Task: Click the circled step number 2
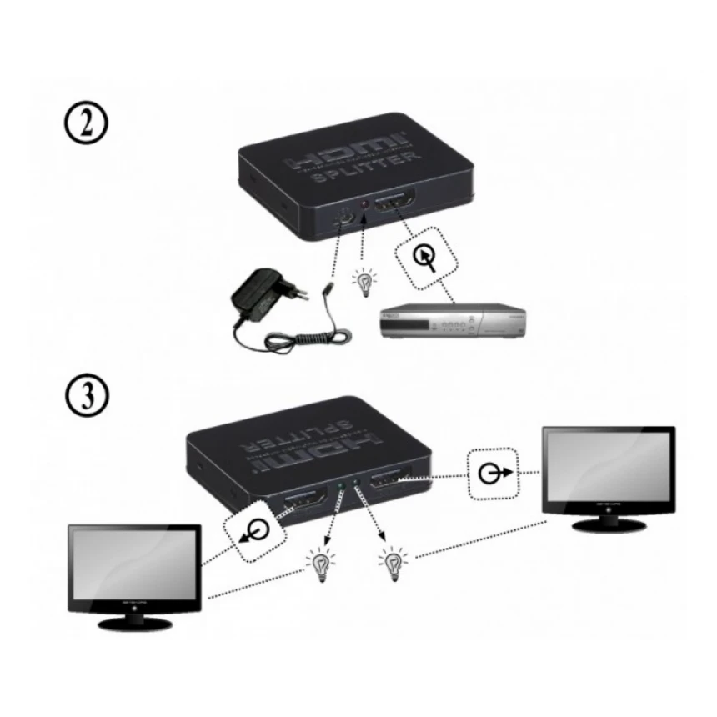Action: [x=86, y=128]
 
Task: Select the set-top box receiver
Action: [x=451, y=323]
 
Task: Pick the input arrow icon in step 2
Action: [x=426, y=257]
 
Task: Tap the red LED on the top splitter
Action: [x=365, y=205]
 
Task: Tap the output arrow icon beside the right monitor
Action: [x=493, y=474]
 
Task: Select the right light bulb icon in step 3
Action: [x=389, y=563]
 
